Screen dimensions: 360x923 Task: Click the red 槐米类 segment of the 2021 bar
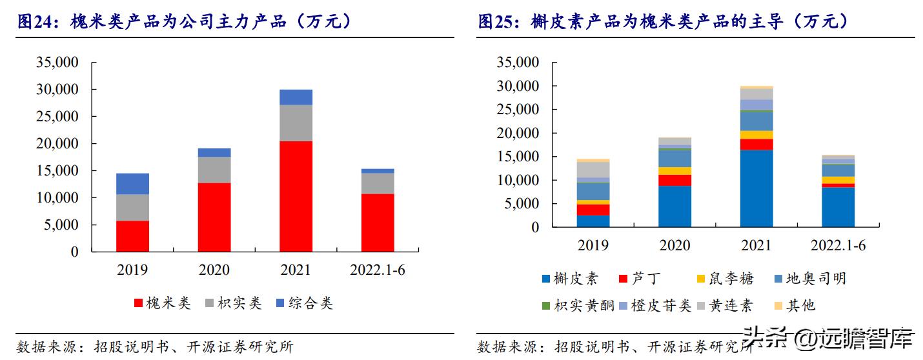tap(296, 196)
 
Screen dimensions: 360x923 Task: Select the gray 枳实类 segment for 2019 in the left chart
tap(132, 207)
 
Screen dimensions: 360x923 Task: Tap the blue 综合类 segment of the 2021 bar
tap(296, 97)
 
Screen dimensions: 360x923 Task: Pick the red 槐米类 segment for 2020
tap(214, 217)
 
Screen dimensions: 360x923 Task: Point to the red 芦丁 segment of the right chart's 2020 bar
tap(674, 180)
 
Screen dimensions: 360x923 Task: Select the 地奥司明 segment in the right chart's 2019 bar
tap(593, 191)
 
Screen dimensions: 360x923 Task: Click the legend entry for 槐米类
tap(162, 303)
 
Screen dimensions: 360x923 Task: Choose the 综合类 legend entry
tap(303, 303)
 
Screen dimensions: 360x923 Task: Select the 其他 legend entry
tap(793, 305)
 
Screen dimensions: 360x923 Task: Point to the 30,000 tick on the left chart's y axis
tap(56, 90)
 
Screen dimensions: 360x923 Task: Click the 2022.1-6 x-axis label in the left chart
tap(378, 270)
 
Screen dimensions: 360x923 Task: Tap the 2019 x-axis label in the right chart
tap(593, 245)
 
